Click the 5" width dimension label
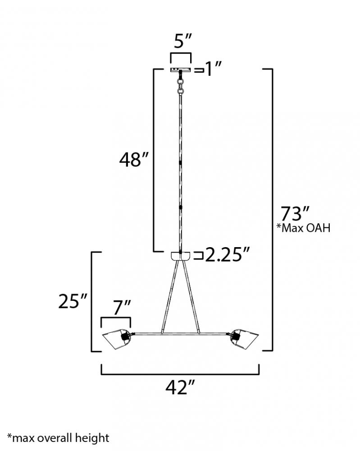point(183,41)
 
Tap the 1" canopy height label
point(213,69)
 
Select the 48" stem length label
point(134,160)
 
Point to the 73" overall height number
point(295,213)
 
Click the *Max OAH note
point(303,228)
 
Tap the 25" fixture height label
point(73,301)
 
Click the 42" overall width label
point(180,387)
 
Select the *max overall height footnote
point(58,438)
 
